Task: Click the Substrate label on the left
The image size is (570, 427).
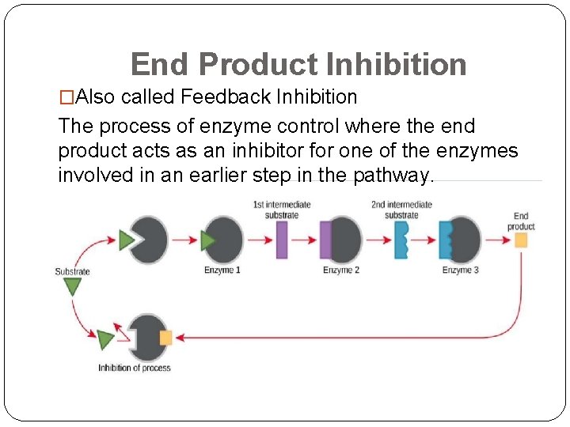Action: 72,271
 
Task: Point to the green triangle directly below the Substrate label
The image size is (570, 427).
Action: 72,286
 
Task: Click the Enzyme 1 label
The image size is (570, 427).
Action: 222,270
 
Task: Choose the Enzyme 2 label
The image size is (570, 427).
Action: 341,270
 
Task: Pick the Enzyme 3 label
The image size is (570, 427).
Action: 461,270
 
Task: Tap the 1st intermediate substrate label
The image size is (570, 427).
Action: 281,210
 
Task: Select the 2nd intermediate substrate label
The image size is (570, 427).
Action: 401,210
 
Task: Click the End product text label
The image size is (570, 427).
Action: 521,221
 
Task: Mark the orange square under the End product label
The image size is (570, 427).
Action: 521,240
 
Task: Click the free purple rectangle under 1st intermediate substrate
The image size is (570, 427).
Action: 281,240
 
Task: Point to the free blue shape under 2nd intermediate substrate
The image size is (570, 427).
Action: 401,240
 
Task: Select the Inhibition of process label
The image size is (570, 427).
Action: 134,368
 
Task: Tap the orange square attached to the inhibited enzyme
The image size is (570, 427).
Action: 165,338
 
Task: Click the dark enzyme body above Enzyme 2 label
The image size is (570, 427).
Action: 347,240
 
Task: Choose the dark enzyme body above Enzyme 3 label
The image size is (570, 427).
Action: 466,240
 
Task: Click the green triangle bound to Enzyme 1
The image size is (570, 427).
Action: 208,240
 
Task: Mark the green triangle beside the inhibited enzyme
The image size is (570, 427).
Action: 105,340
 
